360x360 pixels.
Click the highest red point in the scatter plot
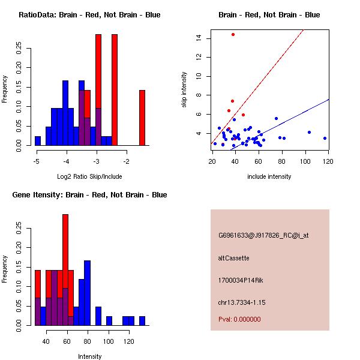[233, 34]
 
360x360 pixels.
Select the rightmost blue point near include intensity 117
[325, 138]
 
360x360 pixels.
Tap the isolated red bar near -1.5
[142, 118]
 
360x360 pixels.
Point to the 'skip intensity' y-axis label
[185, 90]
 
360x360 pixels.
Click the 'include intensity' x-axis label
[269, 176]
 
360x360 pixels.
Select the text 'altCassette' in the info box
[233, 258]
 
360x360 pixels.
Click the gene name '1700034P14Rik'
[240, 280]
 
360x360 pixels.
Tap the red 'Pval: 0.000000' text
[239, 319]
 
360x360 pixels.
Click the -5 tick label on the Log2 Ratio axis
[37, 162]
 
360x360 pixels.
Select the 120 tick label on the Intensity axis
[128, 342]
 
